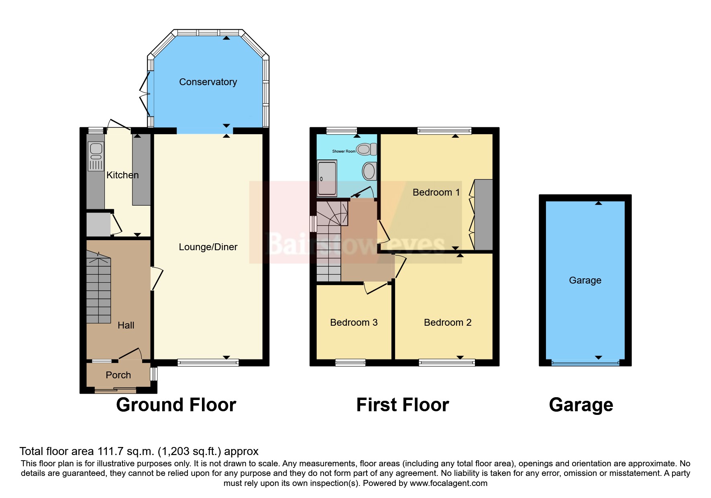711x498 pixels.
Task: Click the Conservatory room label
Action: [208, 82]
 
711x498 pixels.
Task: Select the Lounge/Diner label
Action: [208, 247]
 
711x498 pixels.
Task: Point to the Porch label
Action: [118, 375]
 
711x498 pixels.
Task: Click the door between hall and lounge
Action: [157, 278]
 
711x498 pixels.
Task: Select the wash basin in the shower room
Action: [369, 171]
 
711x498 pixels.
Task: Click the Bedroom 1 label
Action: [436, 192]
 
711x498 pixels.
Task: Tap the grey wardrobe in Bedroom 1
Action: [483, 215]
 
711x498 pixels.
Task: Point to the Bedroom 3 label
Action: [354, 322]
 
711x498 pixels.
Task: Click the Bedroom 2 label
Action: [448, 322]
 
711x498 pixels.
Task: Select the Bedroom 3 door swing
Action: [375, 288]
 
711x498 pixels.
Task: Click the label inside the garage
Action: [585, 280]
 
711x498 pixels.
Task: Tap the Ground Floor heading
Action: [176, 405]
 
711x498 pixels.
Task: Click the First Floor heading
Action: [402, 405]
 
